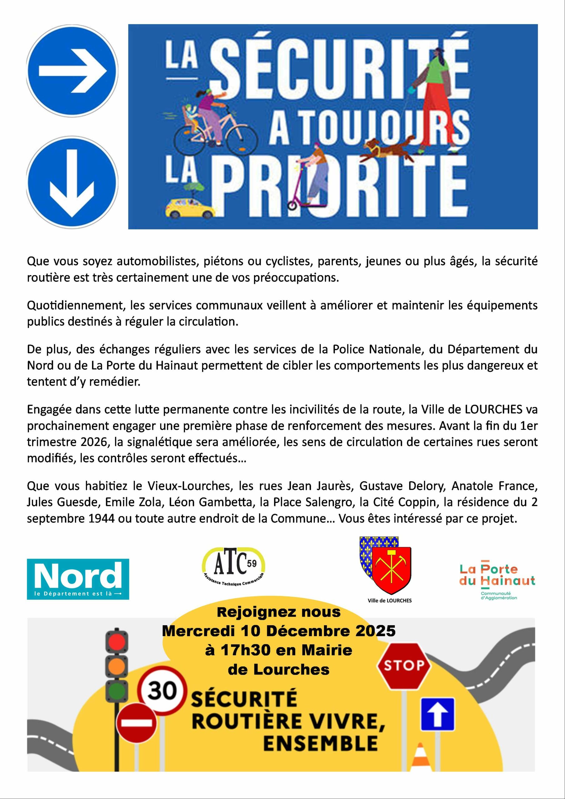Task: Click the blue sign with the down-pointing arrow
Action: tap(72, 182)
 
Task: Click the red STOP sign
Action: tap(404, 666)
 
